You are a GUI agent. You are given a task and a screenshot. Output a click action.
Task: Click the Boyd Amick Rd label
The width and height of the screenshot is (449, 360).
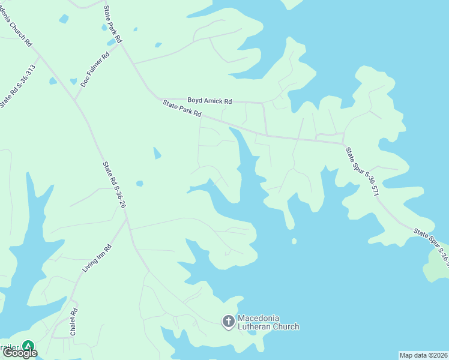(209, 101)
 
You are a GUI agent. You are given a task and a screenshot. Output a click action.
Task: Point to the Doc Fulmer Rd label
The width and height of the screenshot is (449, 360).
(95, 68)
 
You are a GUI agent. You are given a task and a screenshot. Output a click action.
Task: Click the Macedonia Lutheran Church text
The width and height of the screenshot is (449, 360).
(268, 322)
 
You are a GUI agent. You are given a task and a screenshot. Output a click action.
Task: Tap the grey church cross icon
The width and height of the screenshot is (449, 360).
(228, 322)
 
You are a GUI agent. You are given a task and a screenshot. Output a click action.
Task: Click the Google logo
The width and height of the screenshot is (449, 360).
(20, 353)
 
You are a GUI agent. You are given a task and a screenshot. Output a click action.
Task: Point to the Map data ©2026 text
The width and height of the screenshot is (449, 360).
(423, 355)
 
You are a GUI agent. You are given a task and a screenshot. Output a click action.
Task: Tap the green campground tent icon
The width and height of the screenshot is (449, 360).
(28, 346)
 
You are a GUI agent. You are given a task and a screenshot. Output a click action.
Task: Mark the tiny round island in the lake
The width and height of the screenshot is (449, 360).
(294, 241)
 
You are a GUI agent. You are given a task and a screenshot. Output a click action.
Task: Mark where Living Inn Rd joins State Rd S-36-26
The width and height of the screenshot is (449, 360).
(127, 220)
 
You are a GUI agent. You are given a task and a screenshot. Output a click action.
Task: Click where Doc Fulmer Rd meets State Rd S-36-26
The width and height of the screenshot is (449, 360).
(74, 100)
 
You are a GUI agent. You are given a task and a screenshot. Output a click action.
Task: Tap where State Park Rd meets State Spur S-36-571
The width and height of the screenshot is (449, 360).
(343, 143)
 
